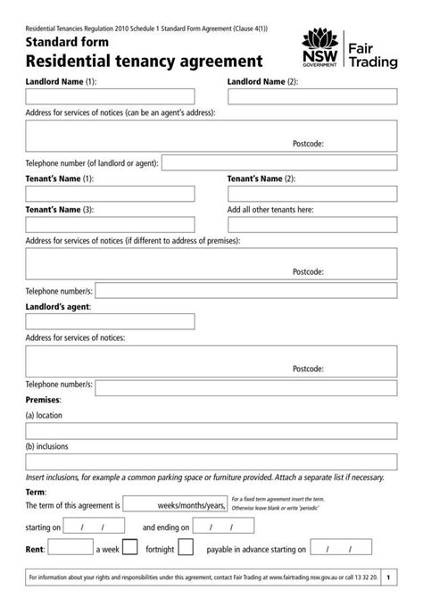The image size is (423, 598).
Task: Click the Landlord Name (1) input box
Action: pyautogui.click(x=110, y=96)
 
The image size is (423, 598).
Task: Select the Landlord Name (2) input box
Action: pyautogui.click(x=312, y=96)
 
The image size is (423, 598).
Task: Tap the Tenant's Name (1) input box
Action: pyautogui.click(x=110, y=194)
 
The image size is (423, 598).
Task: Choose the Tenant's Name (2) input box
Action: pyautogui.click(x=312, y=194)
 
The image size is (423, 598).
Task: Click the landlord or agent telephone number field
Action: pyautogui.click(x=279, y=163)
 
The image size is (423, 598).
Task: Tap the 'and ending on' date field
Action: pyautogui.click(x=223, y=527)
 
